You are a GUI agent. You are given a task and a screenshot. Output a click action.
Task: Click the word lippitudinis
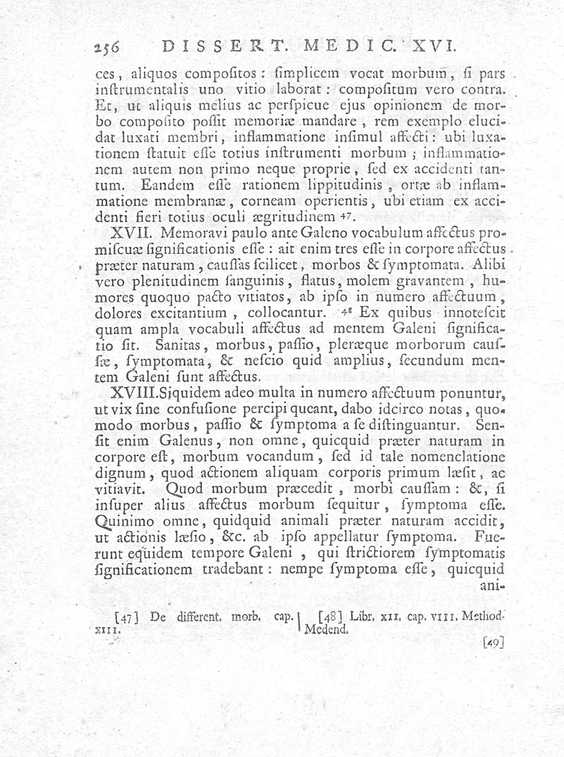click(338, 187)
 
